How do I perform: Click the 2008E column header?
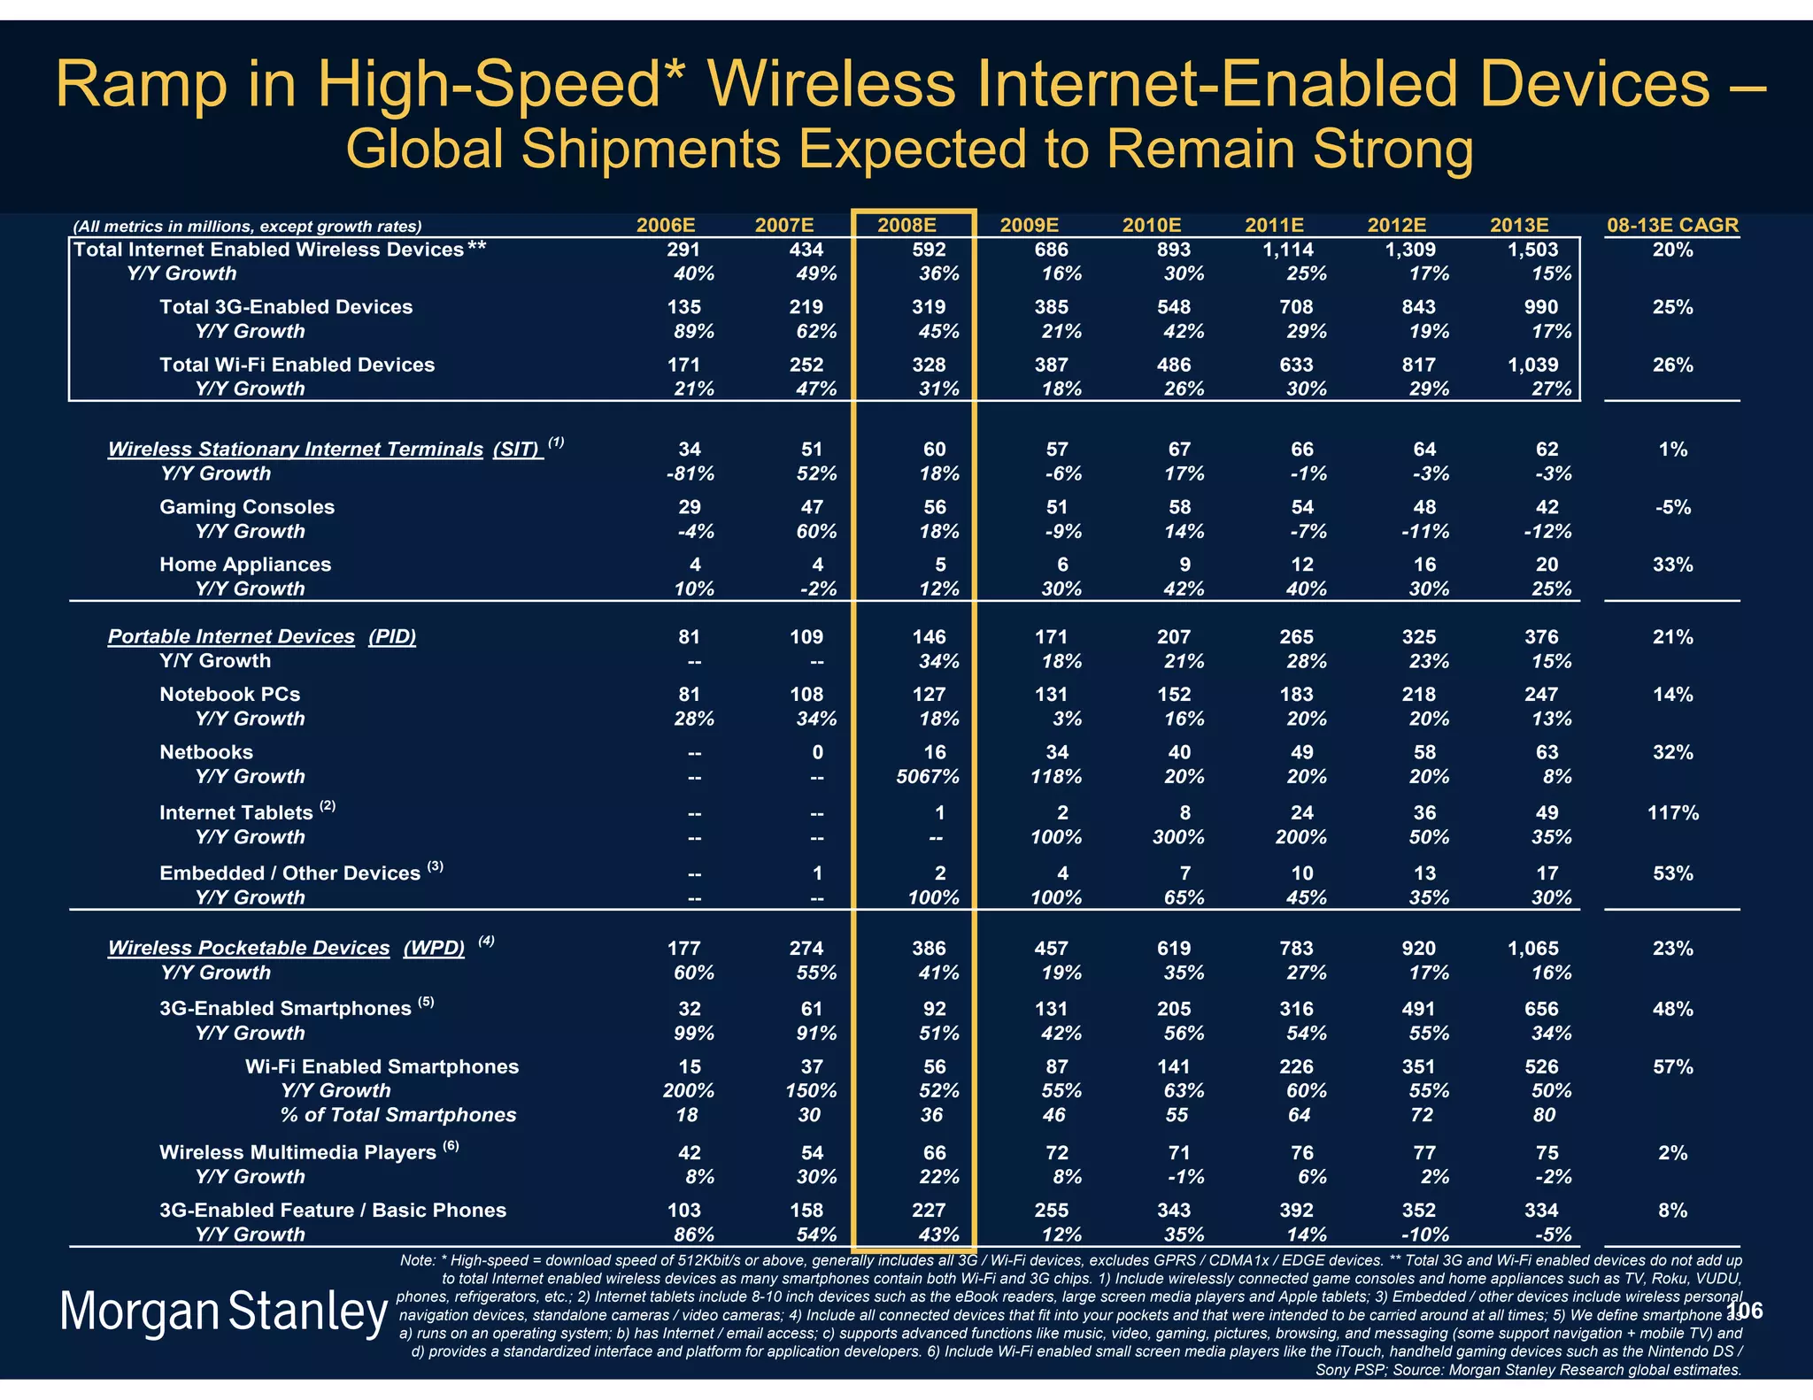point(912,226)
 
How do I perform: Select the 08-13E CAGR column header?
point(1672,226)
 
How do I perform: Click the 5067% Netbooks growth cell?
point(925,777)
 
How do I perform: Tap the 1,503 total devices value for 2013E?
point(1532,250)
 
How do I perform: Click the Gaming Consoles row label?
point(247,507)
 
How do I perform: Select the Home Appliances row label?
point(245,565)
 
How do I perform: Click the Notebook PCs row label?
point(229,695)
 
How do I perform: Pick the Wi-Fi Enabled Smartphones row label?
point(382,1066)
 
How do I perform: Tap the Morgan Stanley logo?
point(223,1312)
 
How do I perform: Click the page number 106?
point(1745,1311)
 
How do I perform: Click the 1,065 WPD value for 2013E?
point(1532,949)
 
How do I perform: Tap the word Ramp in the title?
point(143,85)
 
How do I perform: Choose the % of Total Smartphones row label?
point(398,1115)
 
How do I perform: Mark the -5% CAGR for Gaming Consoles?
point(1672,507)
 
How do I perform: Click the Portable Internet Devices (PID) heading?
point(262,637)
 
